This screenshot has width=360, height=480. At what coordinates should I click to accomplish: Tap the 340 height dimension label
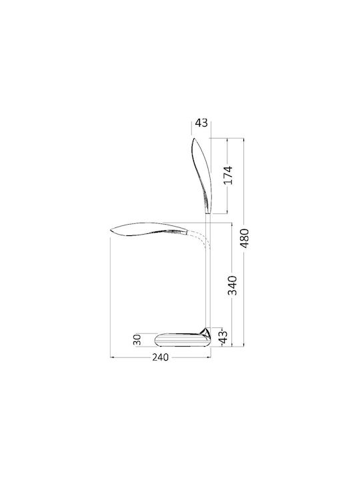point(233,285)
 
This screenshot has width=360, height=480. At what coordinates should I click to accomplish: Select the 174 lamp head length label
point(228,175)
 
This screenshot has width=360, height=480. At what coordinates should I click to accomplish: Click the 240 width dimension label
point(160,357)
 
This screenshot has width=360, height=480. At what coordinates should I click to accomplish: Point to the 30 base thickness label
point(137,340)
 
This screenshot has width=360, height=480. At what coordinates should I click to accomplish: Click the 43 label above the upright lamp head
point(201,123)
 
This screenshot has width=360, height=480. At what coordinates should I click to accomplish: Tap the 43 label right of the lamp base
point(224,337)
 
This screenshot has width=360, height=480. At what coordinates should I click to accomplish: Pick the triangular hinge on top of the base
point(205,332)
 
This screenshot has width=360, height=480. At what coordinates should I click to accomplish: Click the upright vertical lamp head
point(202,176)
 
